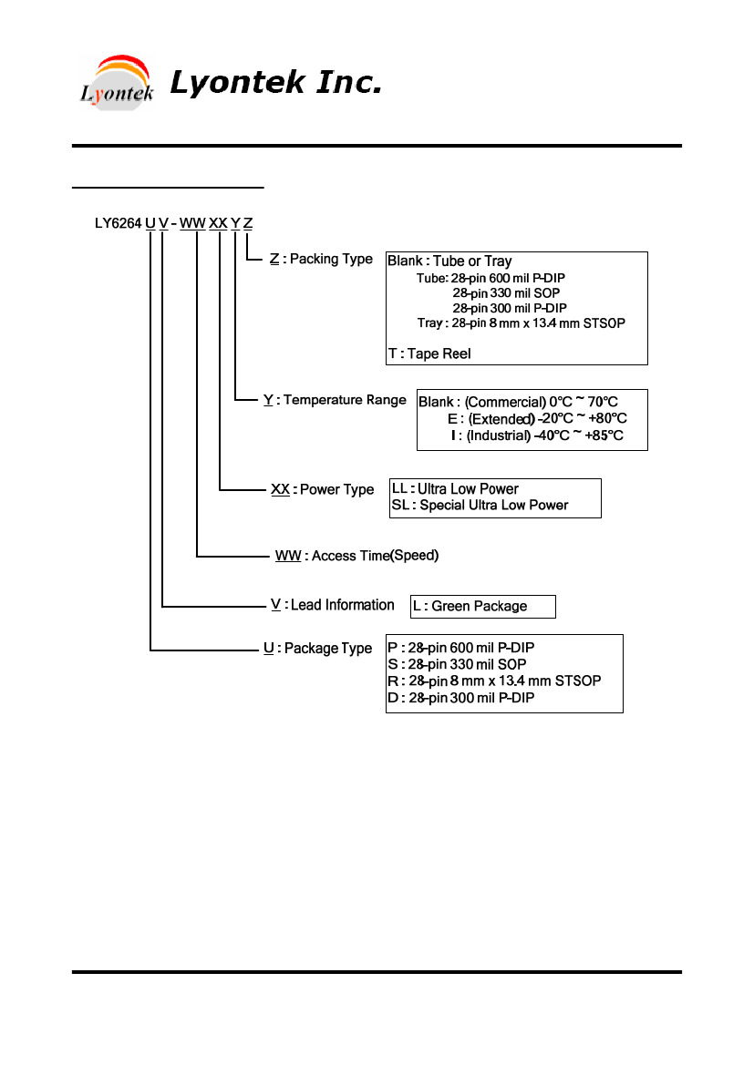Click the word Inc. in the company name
(349, 82)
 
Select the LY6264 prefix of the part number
(118, 223)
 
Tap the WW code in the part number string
(192, 223)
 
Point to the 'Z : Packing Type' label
(321, 259)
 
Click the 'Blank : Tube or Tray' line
(449, 261)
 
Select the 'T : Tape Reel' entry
(429, 353)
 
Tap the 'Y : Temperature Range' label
(335, 400)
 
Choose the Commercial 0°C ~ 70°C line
(518, 402)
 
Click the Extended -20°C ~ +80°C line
(537, 418)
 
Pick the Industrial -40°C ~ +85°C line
(536, 435)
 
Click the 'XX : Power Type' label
(322, 490)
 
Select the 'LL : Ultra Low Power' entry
(455, 489)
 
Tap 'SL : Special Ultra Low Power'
(480, 506)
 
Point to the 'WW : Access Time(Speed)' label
(357, 556)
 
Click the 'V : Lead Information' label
(333, 605)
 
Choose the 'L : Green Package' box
(482, 607)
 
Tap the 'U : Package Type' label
(317, 649)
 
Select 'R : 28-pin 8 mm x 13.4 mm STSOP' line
(494, 681)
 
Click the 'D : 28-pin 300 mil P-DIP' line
(461, 698)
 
